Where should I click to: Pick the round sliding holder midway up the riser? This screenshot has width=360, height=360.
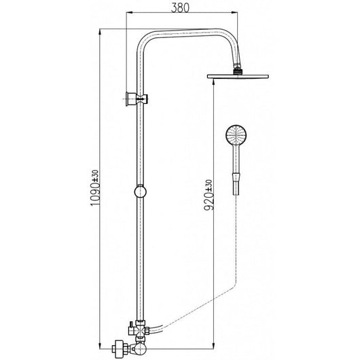tap(141, 192)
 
